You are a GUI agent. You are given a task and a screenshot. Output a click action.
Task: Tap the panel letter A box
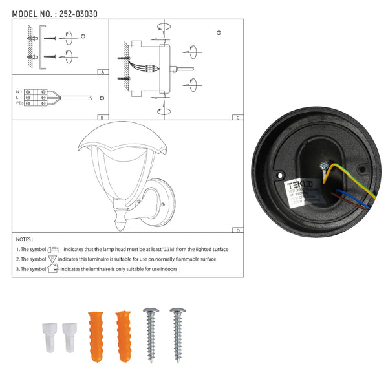click(x=102, y=72)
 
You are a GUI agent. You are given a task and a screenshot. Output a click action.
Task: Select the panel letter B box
click(x=102, y=117)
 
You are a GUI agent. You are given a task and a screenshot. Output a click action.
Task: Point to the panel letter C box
click(x=239, y=117)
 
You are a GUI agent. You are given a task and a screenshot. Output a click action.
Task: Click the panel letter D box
click(x=239, y=230)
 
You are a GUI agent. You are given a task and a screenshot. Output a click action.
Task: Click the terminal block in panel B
click(x=35, y=98)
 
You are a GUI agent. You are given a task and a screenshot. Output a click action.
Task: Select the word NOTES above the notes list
click(x=25, y=239)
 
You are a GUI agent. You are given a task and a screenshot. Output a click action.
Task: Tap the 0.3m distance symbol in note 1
click(x=54, y=248)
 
